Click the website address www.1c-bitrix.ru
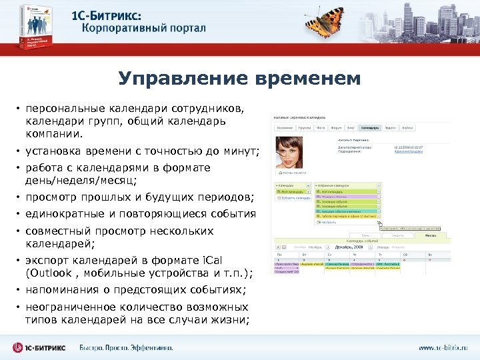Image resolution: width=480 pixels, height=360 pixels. [443, 347]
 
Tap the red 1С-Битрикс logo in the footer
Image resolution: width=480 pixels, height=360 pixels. [41, 347]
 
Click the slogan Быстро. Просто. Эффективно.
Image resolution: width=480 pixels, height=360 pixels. [126, 347]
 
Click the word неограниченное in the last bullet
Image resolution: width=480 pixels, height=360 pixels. [73, 307]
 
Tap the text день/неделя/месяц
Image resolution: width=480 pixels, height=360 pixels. [81, 180]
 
